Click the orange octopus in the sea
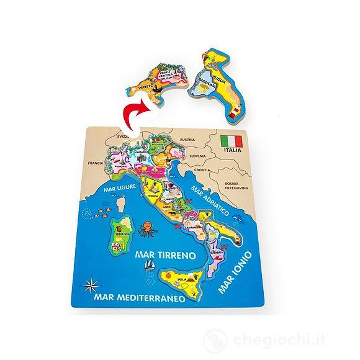coord(147,229)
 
